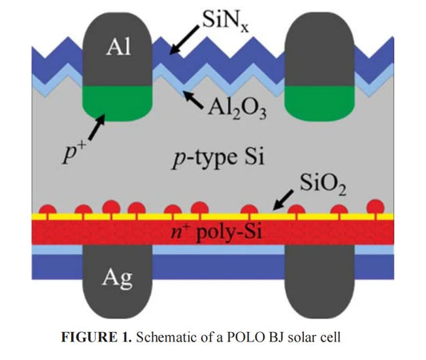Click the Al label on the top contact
[x=118, y=46]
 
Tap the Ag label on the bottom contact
[x=117, y=278]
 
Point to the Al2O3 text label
[x=237, y=110]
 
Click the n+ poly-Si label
[x=217, y=232]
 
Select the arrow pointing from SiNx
[x=185, y=40]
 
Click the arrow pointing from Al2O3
[x=193, y=100]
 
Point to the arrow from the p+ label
[x=97, y=127]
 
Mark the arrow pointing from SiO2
[x=283, y=200]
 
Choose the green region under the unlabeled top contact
[x=319, y=103]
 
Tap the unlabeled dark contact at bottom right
[x=320, y=282]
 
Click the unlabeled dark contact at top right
[x=319, y=49]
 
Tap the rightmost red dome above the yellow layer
[x=376, y=206]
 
